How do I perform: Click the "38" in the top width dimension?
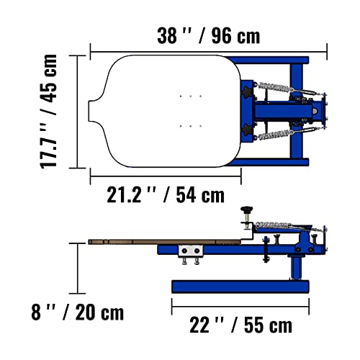pyautogui.click(x=168, y=34)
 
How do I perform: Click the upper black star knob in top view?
pyautogui.click(x=249, y=91)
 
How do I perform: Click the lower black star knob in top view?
pyautogui.click(x=249, y=130)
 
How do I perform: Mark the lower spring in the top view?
pyautogui.click(x=277, y=135)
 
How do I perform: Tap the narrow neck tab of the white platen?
pyautogui.click(x=96, y=112)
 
